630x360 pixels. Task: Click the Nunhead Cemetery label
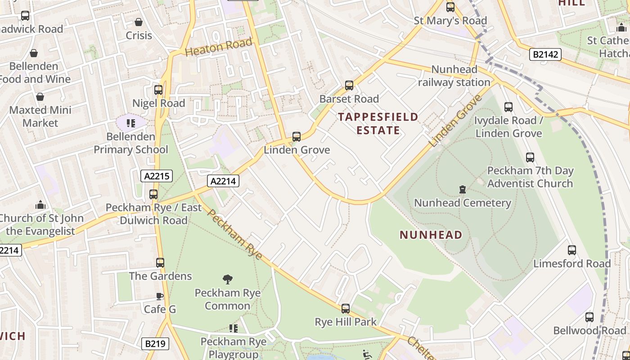pyautogui.click(x=462, y=203)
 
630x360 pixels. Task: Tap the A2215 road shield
pyautogui.click(x=157, y=176)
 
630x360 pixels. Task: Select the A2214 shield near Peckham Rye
pyautogui.click(x=223, y=181)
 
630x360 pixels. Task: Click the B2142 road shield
pyautogui.click(x=545, y=55)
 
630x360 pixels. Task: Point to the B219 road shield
pyautogui.click(x=155, y=344)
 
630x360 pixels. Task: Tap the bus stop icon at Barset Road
pyautogui.click(x=349, y=85)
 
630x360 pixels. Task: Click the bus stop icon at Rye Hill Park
pyautogui.click(x=345, y=309)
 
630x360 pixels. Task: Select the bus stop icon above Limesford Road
pyautogui.click(x=571, y=250)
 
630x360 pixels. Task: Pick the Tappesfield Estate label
pyautogui.click(x=378, y=124)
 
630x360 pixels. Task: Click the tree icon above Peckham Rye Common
pyautogui.click(x=228, y=279)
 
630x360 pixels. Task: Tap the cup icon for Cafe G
pyautogui.click(x=160, y=296)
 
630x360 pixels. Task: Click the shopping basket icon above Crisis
pyautogui.click(x=139, y=22)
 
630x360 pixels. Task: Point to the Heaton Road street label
pyautogui.click(x=218, y=47)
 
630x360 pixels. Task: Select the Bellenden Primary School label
pyautogui.click(x=130, y=143)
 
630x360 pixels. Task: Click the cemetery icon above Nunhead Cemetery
pyautogui.click(x=462, y=189)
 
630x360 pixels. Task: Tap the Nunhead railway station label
pyautogui.click(x=454, y=76)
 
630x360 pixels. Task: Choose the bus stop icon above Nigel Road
pyautogui.click(x=158, y=90)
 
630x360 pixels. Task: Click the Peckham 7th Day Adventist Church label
pyautogui.click(x=530, y=177)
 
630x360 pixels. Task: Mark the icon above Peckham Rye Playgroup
pyautogui.click(x=233, y=328)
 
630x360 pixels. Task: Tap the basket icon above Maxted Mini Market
pyautogui.click(x=40, y=97)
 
